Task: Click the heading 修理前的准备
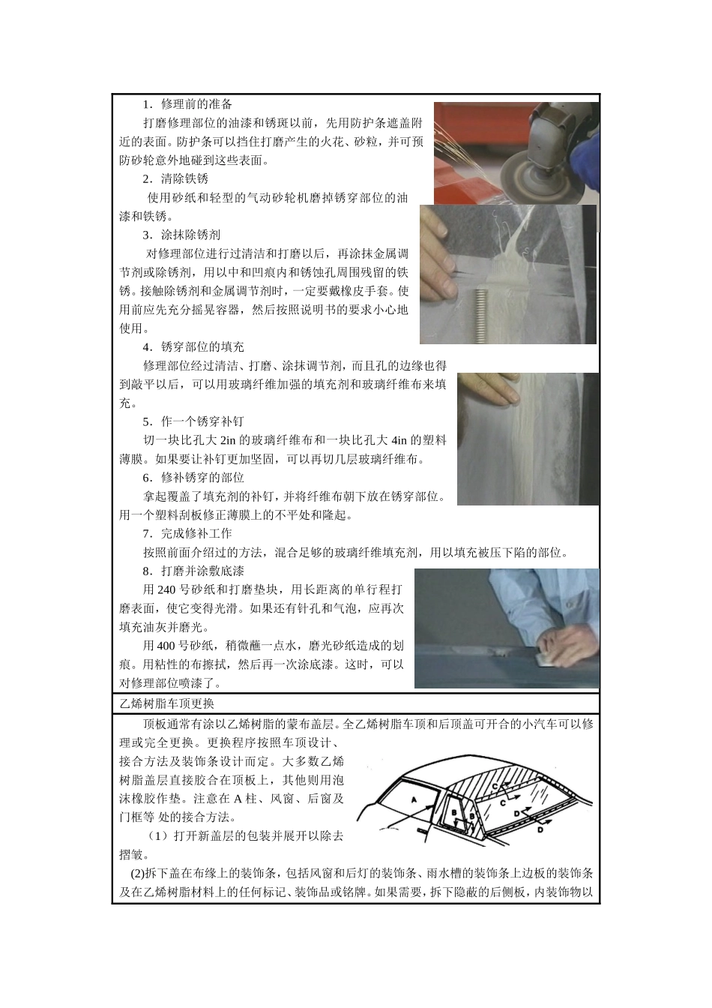pyautogui.click(x=196, y=104)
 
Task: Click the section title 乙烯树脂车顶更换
pyautogui.click(x=166, y=703)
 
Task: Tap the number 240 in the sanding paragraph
pyautogui.click(x=167, y=589)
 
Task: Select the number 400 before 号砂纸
pyautogui.click(x=167, y=646)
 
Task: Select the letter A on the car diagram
pyautogui.click(x=414, y=800)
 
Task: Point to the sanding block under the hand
pyautogui.click(x=551, y=656)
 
